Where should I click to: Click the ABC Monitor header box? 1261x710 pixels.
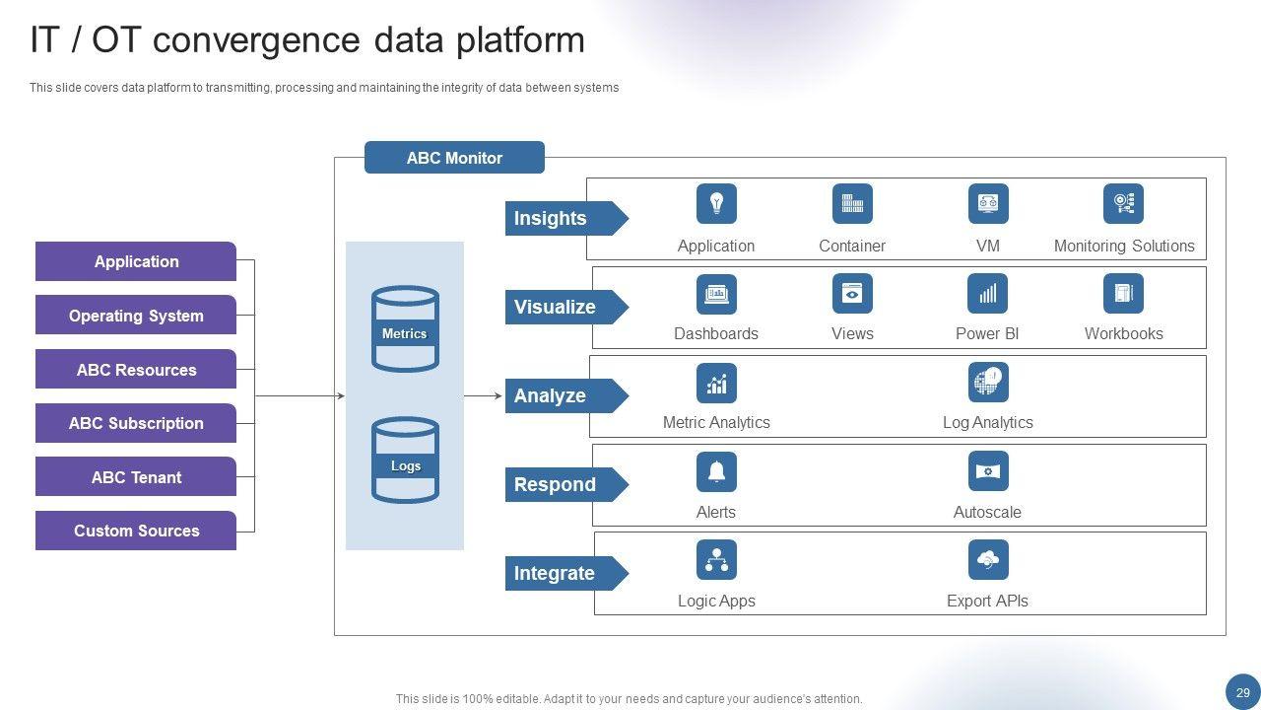[x=454, y=158]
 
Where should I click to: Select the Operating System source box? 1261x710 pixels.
[x=136, y=316]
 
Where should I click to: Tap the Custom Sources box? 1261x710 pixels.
[x=136, y=531]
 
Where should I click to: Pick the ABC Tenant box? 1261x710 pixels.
[x=136, y=477]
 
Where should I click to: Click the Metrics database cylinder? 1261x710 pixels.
[x=405, y=329]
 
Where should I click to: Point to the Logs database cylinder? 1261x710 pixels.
[x=405, y=461]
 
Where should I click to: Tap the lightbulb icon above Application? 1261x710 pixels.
[x=716, y=204]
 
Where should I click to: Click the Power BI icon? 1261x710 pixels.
[x=987, y=294]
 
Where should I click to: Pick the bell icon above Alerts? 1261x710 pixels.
[x=716, y=471]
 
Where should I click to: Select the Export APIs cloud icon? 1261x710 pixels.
[x=987, y=560]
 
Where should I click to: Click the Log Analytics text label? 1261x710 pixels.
[x=987, y=422]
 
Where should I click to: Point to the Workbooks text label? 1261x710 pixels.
[x=1123, y=333]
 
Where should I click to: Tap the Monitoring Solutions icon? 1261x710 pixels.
[x=1123, y=204]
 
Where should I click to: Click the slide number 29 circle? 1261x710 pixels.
[x=1242, y=692]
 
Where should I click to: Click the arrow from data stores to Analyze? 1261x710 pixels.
[x=483, y=396]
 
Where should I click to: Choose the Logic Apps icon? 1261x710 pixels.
[x=716, y=560]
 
